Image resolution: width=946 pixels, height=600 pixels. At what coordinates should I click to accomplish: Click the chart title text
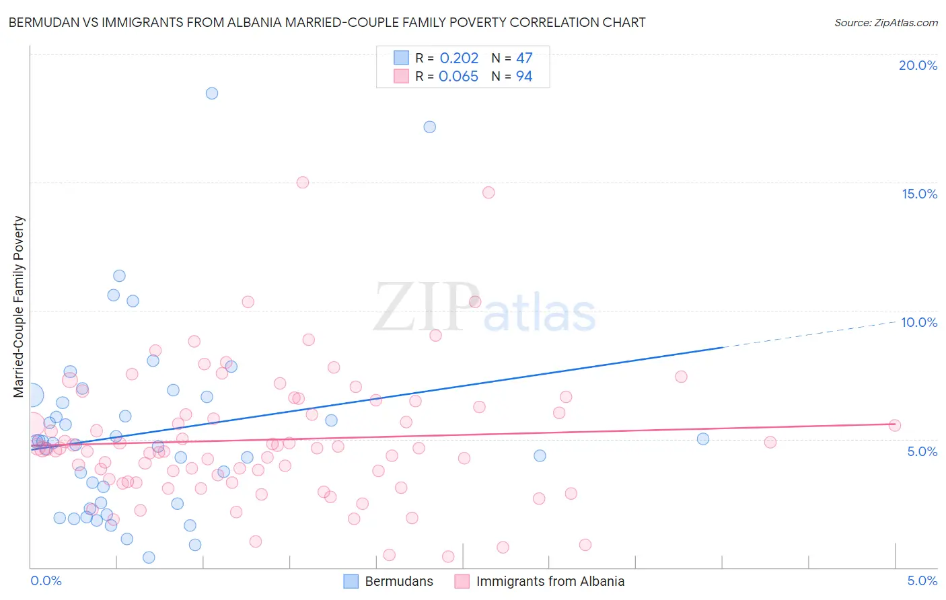click(327, 23)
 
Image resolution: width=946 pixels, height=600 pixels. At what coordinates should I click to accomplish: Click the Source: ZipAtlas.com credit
click(885, 23)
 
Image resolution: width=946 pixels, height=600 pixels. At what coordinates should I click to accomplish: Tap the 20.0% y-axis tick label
click(918, 65)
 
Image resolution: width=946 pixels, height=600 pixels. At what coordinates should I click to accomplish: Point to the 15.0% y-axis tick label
click(919, 194)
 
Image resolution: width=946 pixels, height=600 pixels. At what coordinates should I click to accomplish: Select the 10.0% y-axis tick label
click(919, 322)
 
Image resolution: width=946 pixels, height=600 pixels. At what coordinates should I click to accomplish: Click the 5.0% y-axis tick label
click(922, 451)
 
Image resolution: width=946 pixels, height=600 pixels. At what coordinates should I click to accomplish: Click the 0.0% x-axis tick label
click(46, 580)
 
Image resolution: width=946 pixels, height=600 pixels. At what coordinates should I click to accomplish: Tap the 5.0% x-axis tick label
click(922, 580)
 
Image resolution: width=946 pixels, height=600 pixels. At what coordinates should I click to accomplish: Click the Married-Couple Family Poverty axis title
click(19, 307)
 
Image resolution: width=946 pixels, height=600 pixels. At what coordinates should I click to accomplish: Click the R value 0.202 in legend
click(459, 59)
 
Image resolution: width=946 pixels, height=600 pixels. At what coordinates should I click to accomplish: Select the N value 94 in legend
click(524, 77)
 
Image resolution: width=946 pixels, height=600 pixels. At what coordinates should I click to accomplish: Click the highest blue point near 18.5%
click(212, 93)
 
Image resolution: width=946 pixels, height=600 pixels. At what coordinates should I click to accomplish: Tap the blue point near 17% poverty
click(430, 127)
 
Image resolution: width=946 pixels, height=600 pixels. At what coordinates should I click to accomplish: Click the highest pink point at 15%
click(303, 182)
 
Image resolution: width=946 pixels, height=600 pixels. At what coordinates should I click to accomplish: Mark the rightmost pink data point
click(895, 425)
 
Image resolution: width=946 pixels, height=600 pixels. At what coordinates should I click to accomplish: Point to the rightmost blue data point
click(703, 439)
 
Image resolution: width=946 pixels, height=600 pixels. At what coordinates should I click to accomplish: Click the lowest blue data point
click(149, 558)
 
